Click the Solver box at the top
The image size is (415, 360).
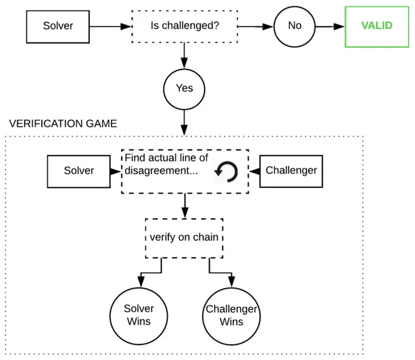click(58, 26)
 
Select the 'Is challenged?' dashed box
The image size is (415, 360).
click(184, 26)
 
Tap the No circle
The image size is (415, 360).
click(294, 26)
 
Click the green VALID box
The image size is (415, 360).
click(377, 26)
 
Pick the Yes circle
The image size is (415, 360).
click(184, 88)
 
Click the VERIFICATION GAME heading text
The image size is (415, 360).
click(63, 124)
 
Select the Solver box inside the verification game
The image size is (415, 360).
click(79, 171)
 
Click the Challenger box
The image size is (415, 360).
click(291, 171)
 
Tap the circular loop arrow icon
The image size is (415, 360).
click(226, 171)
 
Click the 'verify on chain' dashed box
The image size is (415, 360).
click(184, 238)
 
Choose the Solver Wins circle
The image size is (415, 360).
click(139, 315)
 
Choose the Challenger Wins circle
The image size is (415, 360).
click(231, 315)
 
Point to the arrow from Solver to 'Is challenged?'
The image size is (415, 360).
click(110, 26)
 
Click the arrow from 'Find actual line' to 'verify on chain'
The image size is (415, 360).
click(184, 206)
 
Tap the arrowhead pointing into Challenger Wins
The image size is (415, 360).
click(231, 282)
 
